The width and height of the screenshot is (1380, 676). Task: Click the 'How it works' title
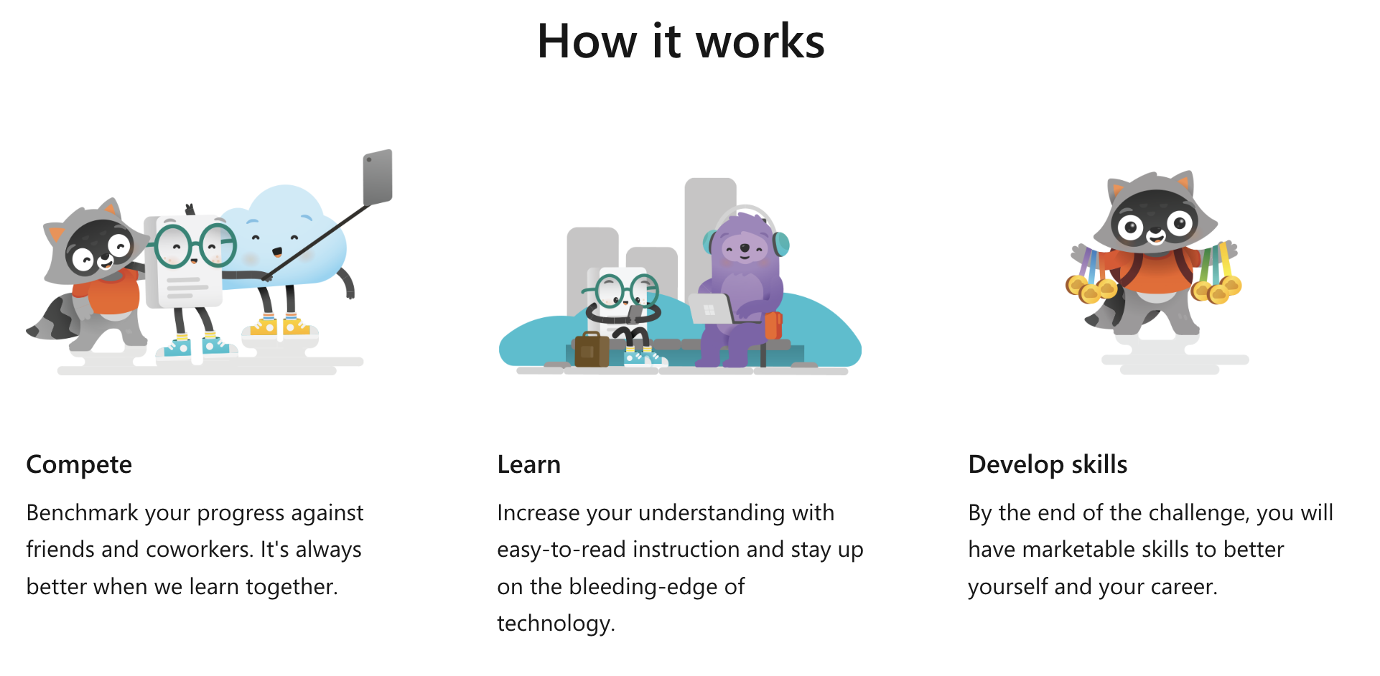[681, 41]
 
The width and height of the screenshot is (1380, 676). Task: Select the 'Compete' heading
[79, 465]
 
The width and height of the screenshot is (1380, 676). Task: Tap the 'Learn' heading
[528, 464]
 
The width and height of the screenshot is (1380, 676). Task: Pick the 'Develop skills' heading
[1048, 465]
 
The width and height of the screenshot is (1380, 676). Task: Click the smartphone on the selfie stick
[378, 177]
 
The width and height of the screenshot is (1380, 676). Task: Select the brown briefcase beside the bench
[592, 349]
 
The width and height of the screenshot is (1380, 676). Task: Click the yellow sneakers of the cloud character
[280, 327]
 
